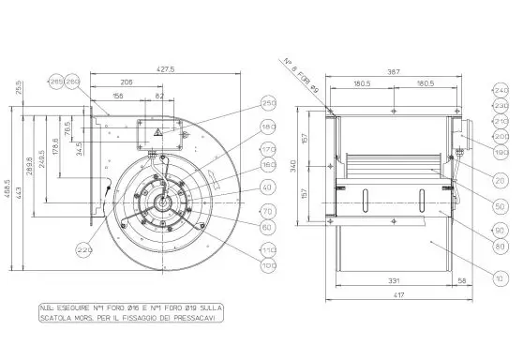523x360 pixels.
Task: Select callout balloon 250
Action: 267,103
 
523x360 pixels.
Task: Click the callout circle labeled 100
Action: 267,265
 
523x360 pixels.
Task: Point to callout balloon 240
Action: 499,90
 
